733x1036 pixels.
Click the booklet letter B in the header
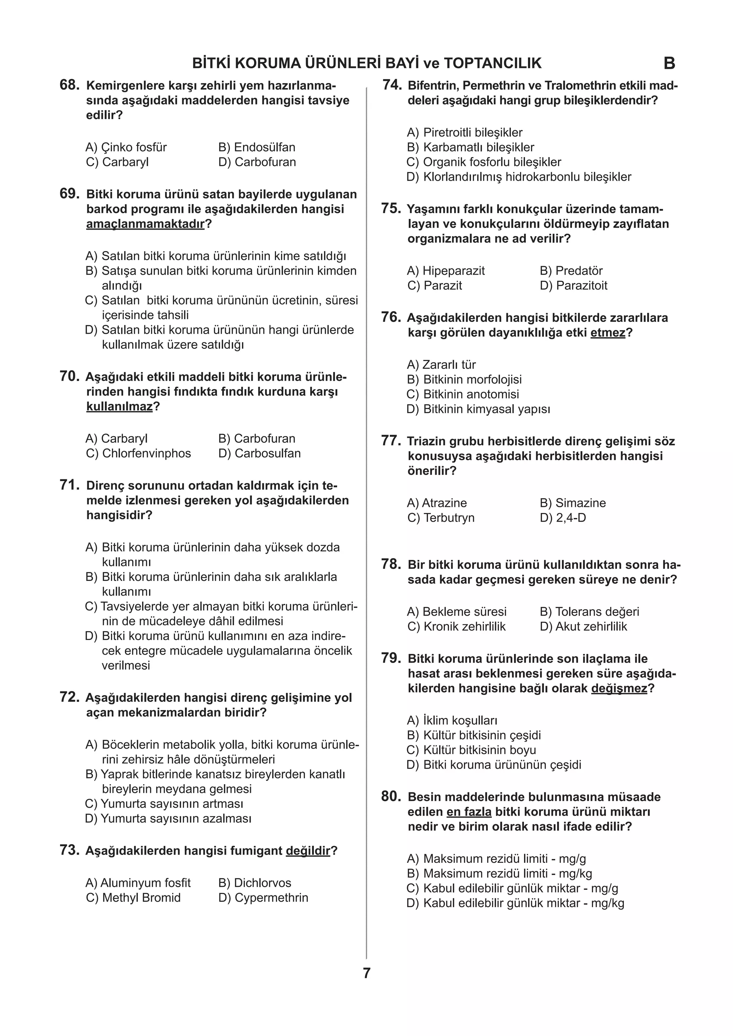[x=669, y=64]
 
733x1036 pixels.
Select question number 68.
[x=69, y=85]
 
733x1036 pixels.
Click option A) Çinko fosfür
[x=126, y=147]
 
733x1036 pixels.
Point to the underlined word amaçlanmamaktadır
[x=145, y=224]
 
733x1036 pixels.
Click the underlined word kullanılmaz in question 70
[x=120, y=406]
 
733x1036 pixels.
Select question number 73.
[x=69, y=850]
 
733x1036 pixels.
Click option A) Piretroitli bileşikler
[x=465, y=133]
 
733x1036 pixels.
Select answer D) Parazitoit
[x=574, y=285]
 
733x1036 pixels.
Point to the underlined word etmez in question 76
[x=607, y=333]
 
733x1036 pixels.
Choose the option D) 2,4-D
[x=563, y=518]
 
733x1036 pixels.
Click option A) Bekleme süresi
[x=457, y=611]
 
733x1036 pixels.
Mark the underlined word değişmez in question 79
[x=619, y=688]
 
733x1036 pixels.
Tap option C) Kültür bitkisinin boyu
[x=471, y=750]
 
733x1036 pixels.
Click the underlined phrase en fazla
[x=469, y=812]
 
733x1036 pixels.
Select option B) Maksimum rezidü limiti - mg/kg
[x=499, y=873]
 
